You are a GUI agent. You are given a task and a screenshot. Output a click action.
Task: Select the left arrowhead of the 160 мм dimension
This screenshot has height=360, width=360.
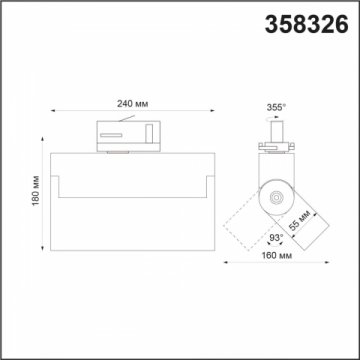(x=224, y=265)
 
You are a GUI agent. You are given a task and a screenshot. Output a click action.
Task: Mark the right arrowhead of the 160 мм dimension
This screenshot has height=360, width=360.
(x=325, y=265)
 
